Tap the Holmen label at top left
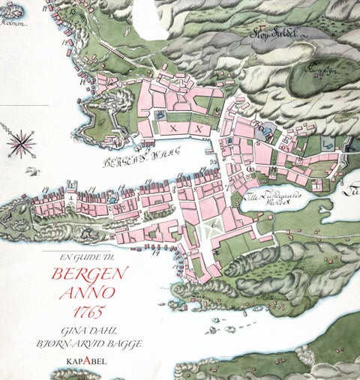click(x=13, y=22)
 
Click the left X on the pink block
click(x=173, y=128)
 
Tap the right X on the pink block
click(x=198, y=128)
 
